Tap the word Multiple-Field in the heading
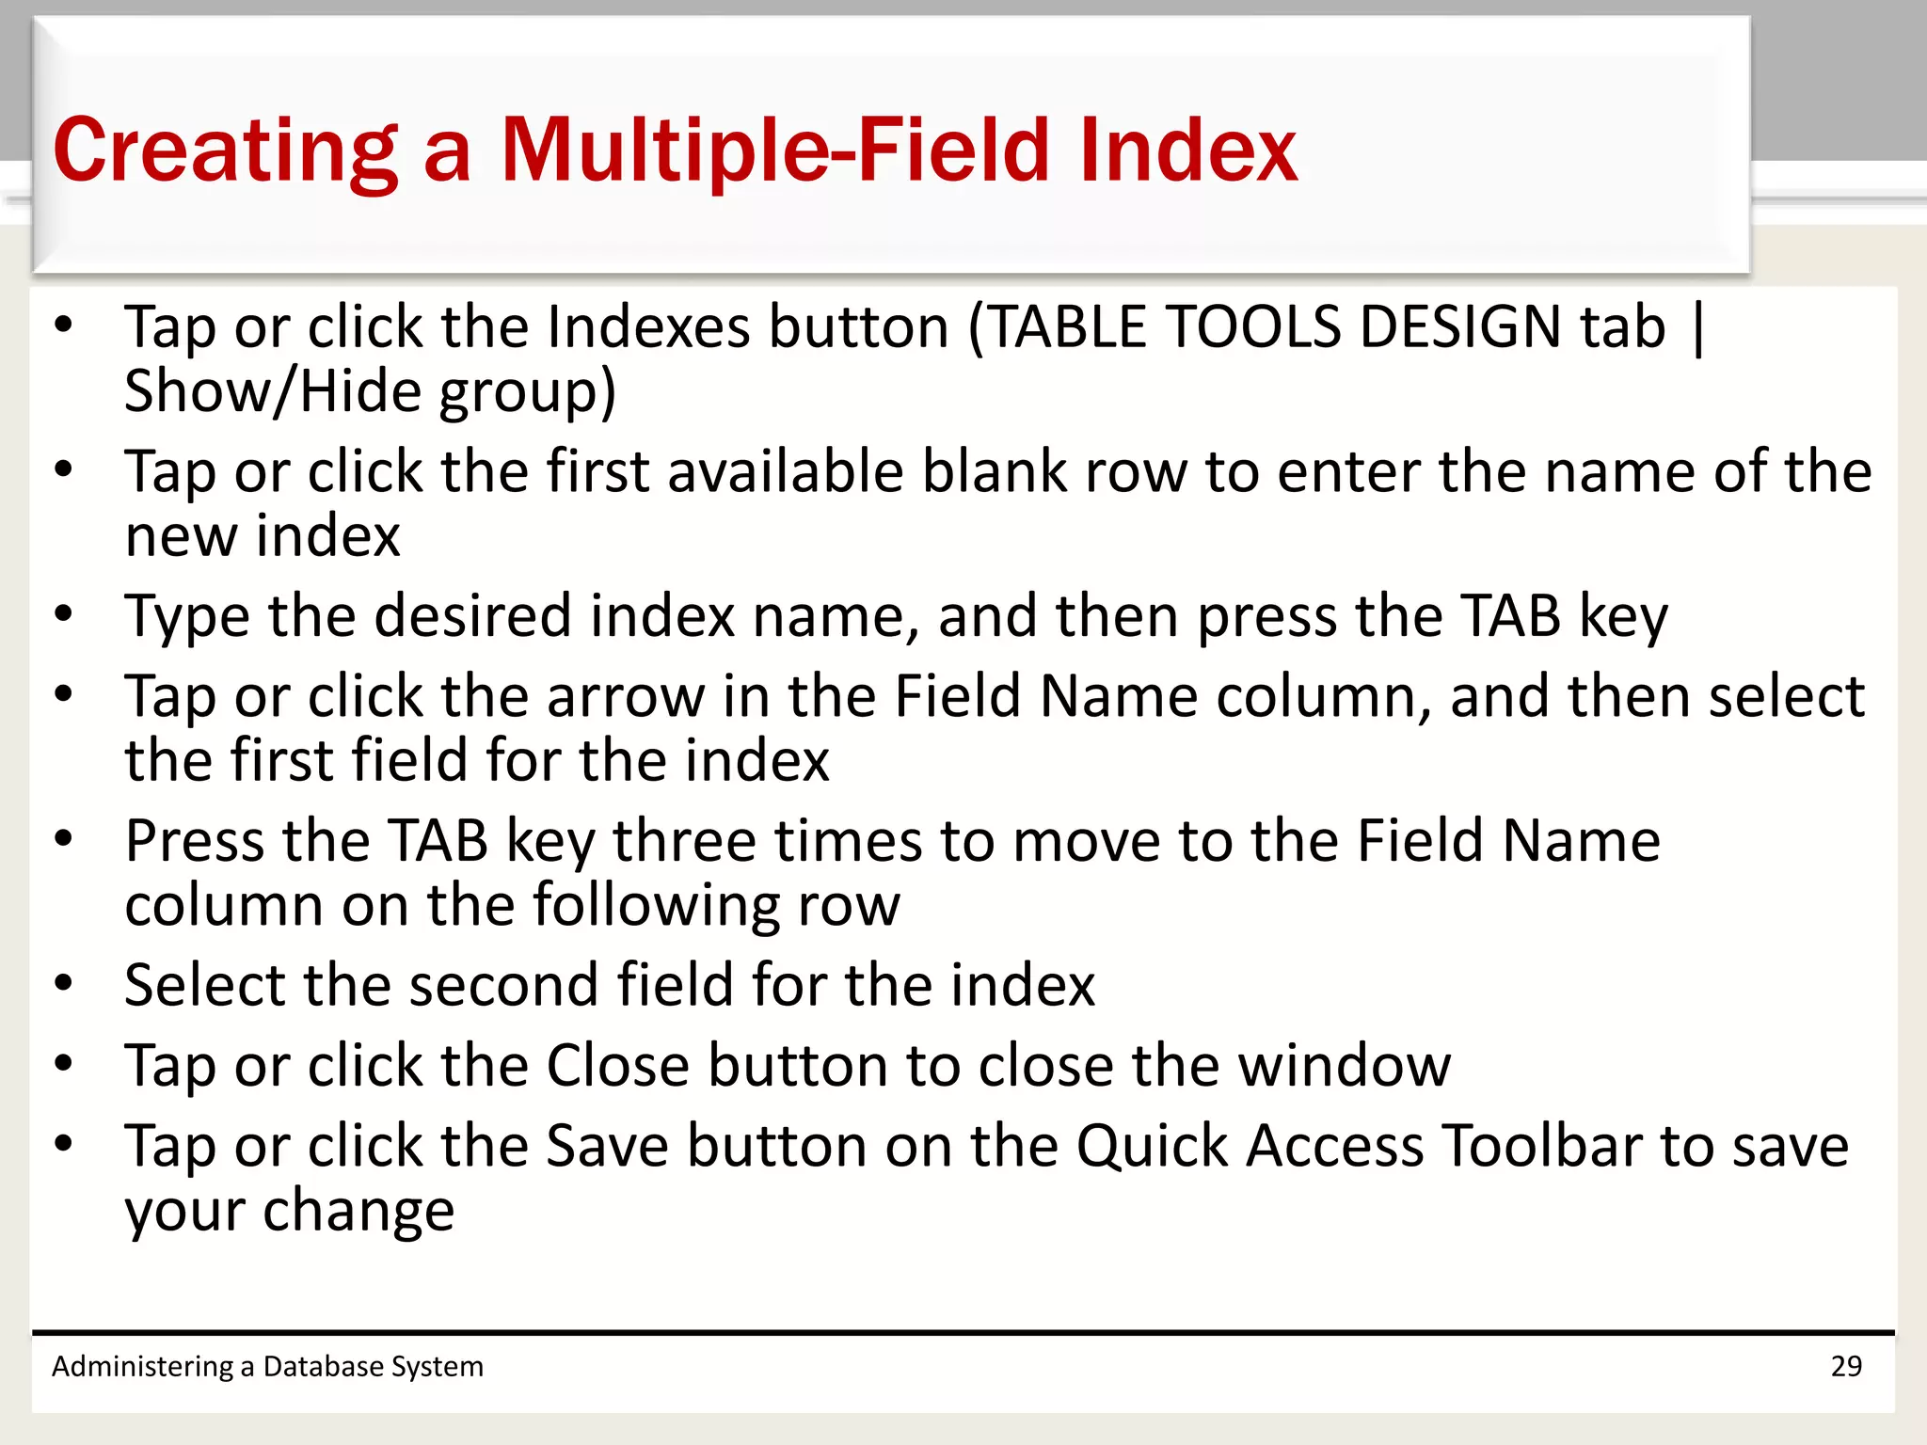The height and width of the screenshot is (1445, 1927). pos(772,151)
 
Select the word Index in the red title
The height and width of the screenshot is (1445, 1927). pos(1188,151)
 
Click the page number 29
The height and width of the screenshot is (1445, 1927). pos(1846,1366)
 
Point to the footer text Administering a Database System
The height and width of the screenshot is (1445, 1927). pos(267,1366)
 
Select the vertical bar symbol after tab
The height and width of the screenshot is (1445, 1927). pos(1697,327)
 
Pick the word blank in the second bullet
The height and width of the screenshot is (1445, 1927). pos(995,471)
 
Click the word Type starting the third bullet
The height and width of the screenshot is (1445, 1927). pos(187,617)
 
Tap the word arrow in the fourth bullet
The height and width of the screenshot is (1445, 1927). pos(626,697)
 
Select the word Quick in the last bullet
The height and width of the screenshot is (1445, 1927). pos(1152,1147)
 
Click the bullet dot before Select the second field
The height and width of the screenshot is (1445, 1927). pos(63,984)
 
